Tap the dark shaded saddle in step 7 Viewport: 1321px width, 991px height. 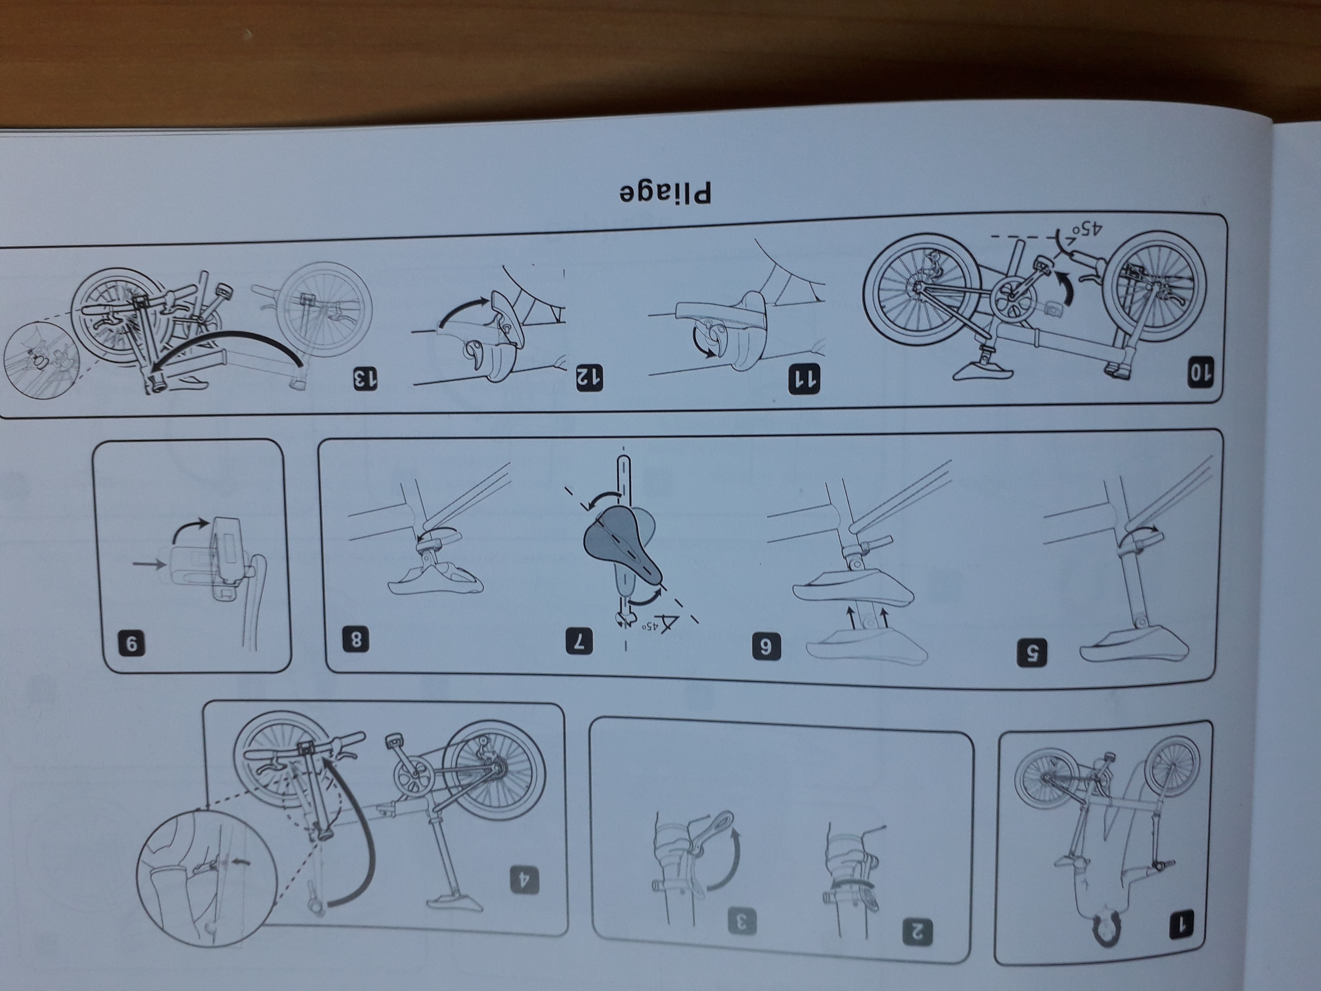621,550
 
